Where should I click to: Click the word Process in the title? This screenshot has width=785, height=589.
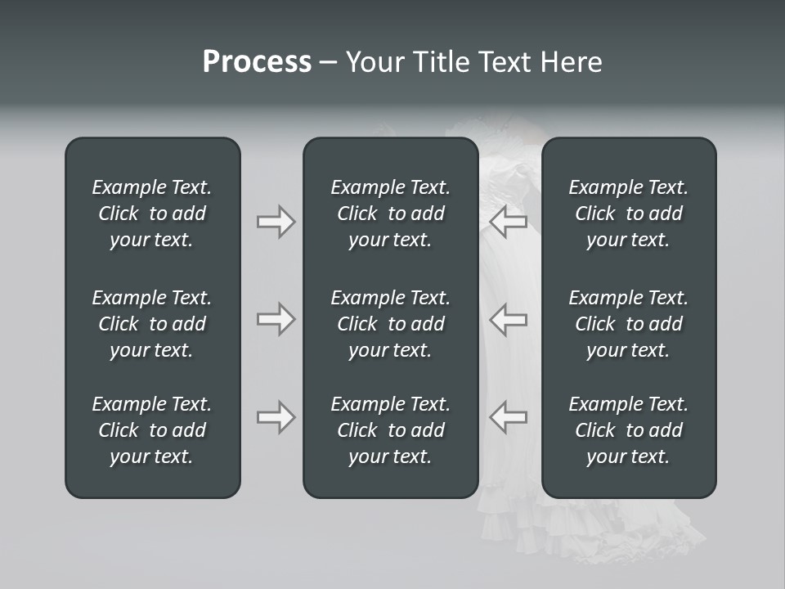(x=257, y=62)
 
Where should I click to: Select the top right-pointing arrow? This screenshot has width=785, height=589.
(x=276, y=222)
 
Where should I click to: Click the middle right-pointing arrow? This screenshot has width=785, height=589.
(x=276, y=319)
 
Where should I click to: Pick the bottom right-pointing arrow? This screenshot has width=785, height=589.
(x=276, y=417)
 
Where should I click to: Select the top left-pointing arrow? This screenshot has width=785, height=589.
(x=509, y=222)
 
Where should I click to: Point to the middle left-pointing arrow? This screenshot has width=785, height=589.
(x=509, y=319)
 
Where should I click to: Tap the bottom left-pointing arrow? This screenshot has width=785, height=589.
(x=509, y=417)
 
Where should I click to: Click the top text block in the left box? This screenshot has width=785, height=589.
(x=152, y=214)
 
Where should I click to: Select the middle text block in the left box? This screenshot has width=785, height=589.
(x=152, y=324)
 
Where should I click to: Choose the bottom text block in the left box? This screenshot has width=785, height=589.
(x=152, y=430)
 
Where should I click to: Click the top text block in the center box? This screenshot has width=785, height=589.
(x=391, y=214)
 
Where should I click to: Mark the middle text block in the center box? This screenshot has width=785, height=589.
(x=391, y=324)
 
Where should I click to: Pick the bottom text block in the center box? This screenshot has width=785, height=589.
(x=391, y=430)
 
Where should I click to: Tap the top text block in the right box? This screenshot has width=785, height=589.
(x=629, y=214)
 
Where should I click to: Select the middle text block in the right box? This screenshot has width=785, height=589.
(x=629, y=324)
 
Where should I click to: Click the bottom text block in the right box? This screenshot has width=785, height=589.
(x=629, y=430)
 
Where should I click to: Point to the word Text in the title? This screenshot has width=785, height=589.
(x=505, y=62)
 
